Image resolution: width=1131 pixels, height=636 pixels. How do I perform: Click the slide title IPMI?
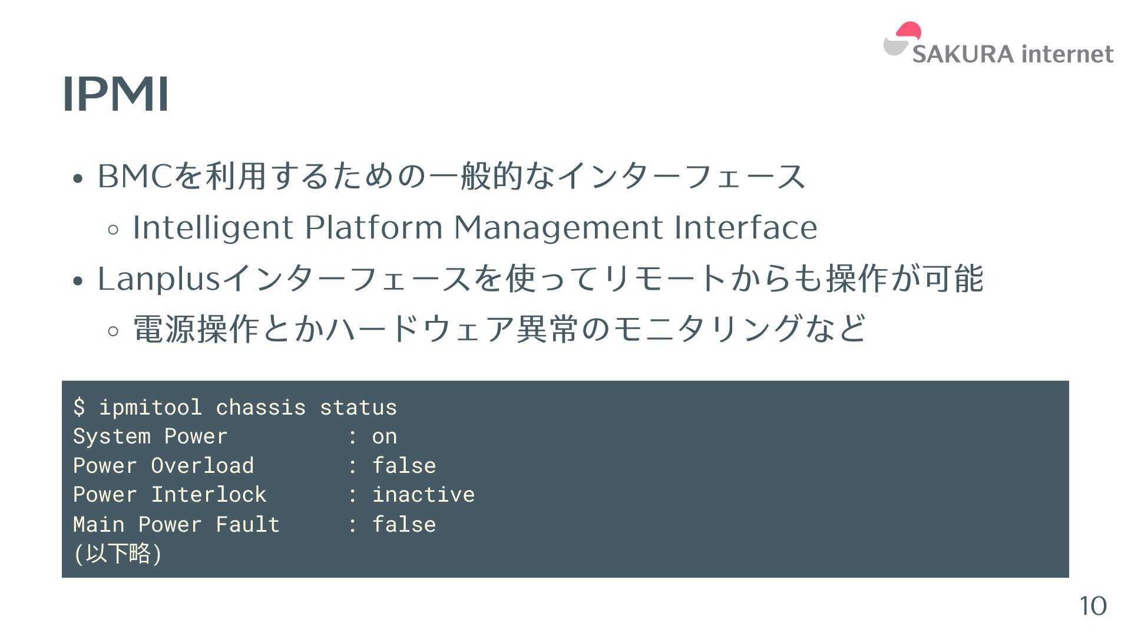click(115, 94)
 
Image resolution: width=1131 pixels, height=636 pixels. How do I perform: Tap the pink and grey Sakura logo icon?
click(901, 39)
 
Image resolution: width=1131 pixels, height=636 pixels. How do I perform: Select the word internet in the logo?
click(1067, 54)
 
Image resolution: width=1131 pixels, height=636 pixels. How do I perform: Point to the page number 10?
click(1093, 606)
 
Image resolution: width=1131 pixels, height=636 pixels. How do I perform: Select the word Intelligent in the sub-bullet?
click(213, 228)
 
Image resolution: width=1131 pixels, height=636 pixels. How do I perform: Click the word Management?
click(558, 228)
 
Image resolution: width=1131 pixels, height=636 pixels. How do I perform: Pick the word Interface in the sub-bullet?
click(746, 228)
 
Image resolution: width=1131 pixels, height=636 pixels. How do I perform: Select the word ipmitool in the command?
click(150, 408)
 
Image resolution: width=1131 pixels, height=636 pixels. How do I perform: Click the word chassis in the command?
click(260, 408)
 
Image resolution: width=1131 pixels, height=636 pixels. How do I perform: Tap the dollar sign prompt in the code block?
click(79, 408)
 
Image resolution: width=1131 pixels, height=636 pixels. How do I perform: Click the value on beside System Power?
click(385, 436)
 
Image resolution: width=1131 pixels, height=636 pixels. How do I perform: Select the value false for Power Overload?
click(404, 466)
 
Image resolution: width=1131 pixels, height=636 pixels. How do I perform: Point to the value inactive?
click(423, 495)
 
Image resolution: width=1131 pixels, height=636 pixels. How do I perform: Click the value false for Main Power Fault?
click(404, 524)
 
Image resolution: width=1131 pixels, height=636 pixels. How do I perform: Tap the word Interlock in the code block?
click(209, 495)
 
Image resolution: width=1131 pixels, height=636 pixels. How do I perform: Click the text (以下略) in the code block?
click(118, 554)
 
